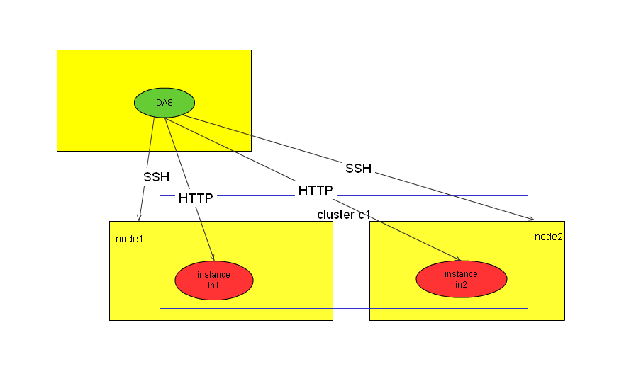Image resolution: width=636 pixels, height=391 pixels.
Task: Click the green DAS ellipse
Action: tap(164, 103)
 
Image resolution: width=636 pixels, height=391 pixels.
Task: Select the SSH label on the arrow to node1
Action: tap(156, 176)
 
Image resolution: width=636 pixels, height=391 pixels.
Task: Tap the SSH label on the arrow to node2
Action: tap(358, 168)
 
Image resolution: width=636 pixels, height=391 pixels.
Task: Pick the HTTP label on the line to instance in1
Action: tap(196, 198)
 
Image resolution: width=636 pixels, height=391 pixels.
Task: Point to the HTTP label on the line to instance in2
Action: tap(316, 191)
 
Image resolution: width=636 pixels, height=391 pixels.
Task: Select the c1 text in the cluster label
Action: tap(364, 214)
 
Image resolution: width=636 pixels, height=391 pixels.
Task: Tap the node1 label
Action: tap(129, 238)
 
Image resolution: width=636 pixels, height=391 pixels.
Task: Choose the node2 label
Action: tap(549, 236)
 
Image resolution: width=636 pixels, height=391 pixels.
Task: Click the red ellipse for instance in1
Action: tap(213, 279)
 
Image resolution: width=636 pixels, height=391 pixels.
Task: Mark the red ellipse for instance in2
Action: tap(461, 278)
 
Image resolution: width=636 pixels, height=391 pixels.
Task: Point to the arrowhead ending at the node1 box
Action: tap(140, 217)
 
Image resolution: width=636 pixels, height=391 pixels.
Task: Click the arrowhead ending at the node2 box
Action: tap(531, 218)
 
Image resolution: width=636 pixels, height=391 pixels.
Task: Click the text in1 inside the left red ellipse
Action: tap(213, 285)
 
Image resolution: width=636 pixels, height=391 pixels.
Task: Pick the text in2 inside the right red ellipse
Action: tap(461, 284)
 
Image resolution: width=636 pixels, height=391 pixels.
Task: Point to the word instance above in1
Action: tap(213, 274)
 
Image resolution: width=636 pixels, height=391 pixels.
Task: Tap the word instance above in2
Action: tap(461, 273)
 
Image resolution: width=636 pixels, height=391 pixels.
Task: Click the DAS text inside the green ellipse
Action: tap(164, 103)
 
